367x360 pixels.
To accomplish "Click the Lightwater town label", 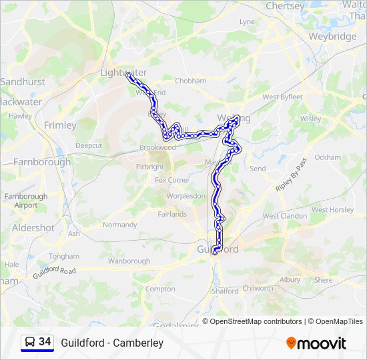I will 123,72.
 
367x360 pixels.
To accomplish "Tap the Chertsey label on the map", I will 285,6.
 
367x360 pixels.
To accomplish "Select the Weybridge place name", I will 332,37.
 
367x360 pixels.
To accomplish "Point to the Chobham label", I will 190,81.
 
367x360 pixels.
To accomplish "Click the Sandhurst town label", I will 23,82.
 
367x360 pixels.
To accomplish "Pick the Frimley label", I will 60,125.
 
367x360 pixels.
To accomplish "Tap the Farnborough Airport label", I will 26,201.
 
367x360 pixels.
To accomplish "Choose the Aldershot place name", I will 33,228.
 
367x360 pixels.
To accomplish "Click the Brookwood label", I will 157,147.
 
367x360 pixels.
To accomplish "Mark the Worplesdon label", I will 186,196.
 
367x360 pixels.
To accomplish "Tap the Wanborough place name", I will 129,261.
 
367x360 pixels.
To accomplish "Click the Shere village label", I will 323,280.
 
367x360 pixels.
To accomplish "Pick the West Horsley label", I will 332,210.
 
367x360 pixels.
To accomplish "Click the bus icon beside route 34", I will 30,343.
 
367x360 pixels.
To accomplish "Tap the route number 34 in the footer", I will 45,342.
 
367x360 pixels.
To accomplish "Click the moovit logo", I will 316,343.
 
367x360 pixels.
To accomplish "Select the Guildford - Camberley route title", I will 112,343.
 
